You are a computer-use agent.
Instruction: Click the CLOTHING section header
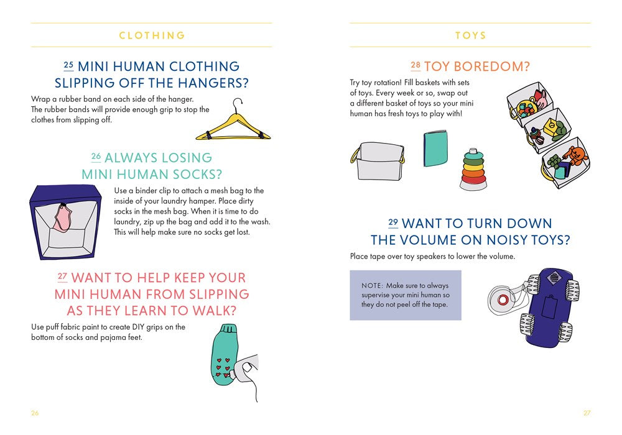(152, 35)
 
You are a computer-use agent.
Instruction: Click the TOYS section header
(470, 35)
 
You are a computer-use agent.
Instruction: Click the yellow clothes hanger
(233, 124)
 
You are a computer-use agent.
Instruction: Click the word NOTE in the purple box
(371, 285)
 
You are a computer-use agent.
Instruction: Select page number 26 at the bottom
(35, 413)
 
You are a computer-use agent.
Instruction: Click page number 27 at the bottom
(587, 413)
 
